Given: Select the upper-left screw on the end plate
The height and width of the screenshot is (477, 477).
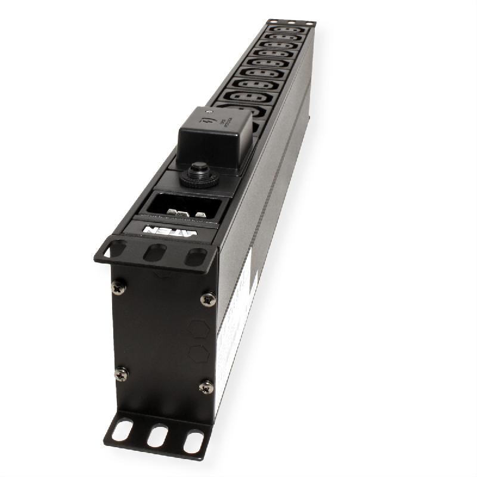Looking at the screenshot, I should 117,287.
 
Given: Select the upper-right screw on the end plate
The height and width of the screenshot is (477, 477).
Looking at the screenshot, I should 208,299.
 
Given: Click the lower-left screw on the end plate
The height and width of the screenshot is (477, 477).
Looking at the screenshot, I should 122,374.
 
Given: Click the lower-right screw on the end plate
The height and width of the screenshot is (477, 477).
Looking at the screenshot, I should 206,387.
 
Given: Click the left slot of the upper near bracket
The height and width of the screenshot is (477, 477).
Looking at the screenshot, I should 117,248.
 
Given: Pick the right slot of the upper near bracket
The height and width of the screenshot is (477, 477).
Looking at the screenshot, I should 193,258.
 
